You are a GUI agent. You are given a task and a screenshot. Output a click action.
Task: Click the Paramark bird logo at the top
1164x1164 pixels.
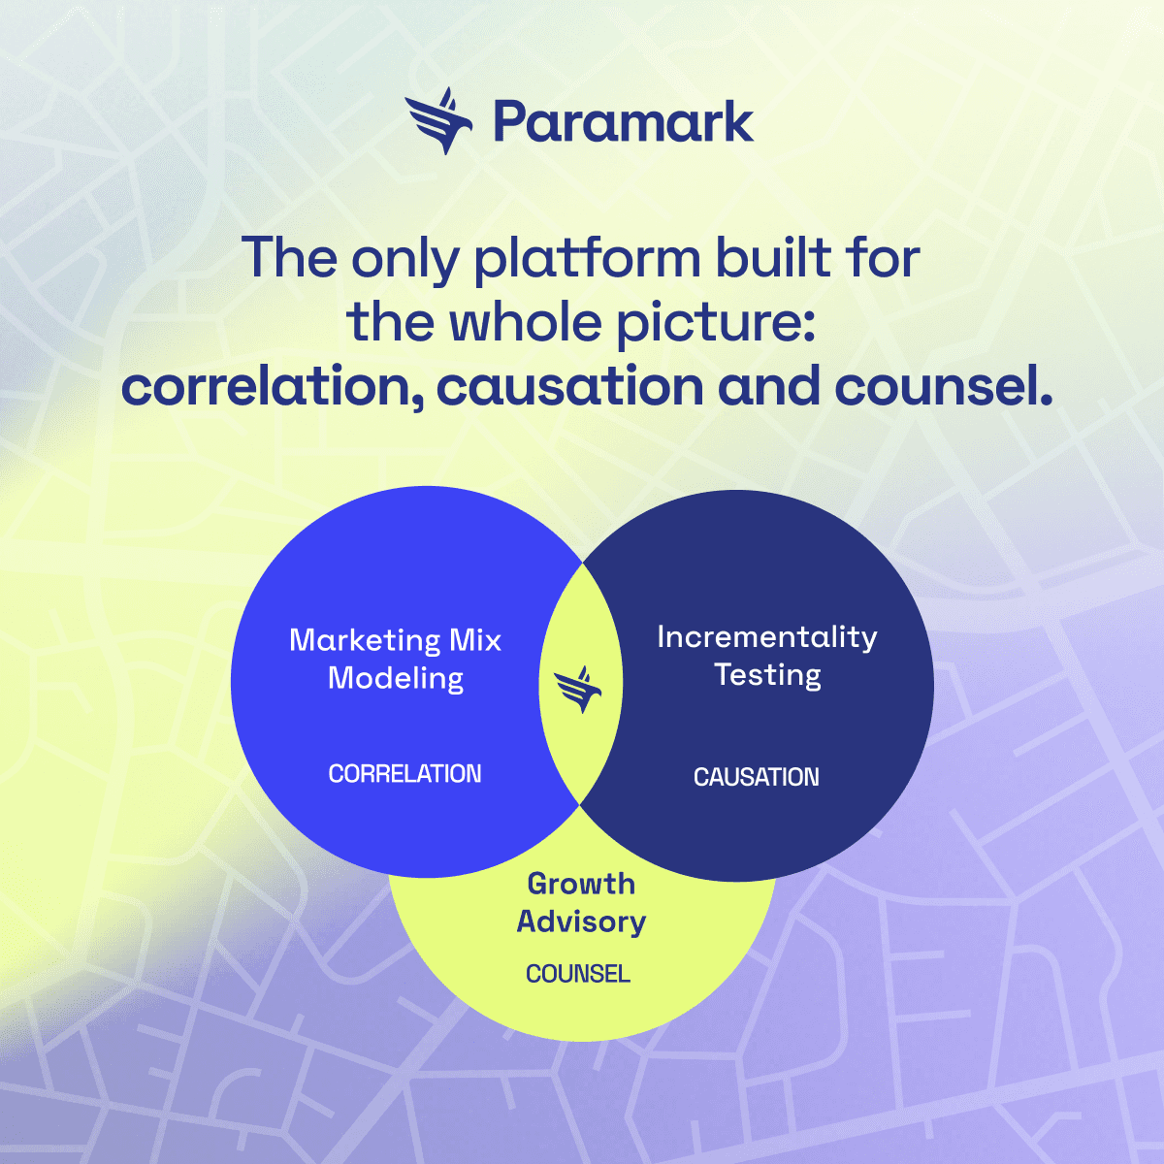click(439, 121)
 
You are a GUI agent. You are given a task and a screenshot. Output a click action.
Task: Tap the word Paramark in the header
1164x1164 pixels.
click(623, 123)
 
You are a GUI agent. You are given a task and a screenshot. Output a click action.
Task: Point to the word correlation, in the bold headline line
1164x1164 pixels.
click(272, 387)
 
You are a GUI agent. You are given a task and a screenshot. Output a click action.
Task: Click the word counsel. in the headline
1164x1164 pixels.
click(943, 386)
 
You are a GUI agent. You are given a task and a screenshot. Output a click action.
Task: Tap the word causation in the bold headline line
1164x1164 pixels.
click(569, 387)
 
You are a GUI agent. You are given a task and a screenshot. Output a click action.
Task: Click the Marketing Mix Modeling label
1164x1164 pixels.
click(396, 659)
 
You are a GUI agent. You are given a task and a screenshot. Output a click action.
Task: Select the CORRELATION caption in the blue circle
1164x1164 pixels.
click(404, 774)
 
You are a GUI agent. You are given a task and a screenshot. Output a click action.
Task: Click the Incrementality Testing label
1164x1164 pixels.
click(767, 655)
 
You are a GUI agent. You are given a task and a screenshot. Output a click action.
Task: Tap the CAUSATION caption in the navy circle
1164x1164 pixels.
click(756, 777)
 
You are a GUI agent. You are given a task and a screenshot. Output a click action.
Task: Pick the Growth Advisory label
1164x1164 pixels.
click(581, 902)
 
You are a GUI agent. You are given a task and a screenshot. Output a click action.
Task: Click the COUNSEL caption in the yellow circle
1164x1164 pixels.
click(578, 974)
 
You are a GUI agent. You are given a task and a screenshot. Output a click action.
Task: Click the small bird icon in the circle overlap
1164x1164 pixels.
click(579, 689)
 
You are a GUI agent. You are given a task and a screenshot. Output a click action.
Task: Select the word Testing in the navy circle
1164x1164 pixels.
click(767, 674)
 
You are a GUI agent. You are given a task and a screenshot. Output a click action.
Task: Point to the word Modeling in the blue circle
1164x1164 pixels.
click(396, 678)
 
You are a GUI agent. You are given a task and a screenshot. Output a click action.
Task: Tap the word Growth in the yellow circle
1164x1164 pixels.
click(581, 884)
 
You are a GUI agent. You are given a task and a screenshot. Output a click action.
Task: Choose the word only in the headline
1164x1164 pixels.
click(404, 260)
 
